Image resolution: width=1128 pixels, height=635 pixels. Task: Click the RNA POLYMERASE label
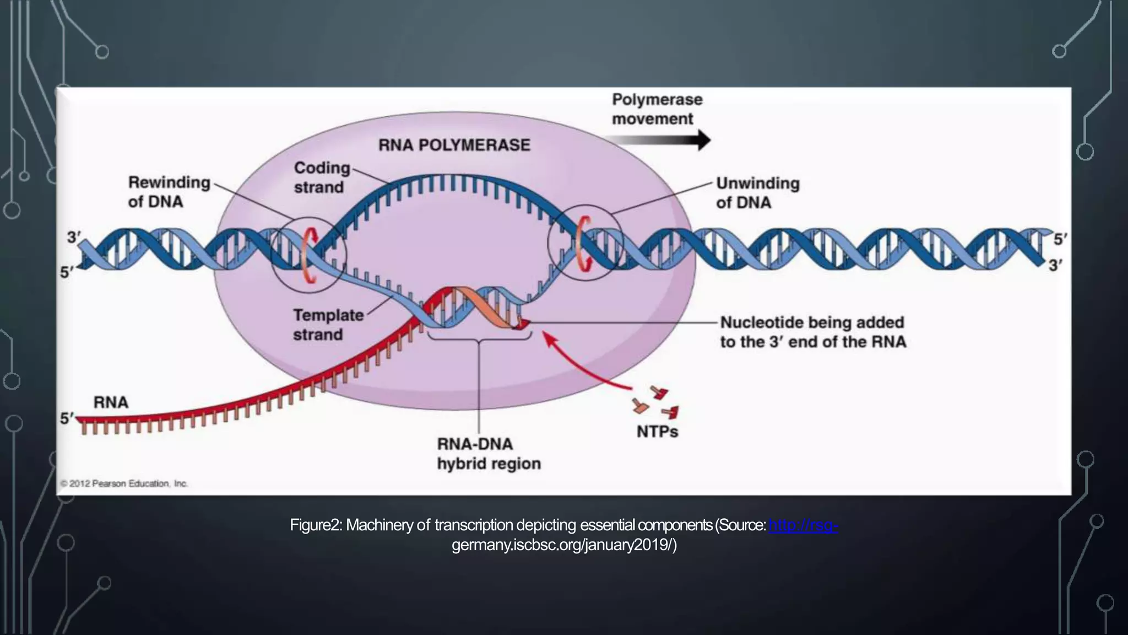point(454,145)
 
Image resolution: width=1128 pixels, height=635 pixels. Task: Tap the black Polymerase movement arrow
point(661,140)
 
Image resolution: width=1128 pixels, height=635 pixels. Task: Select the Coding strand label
point(321,177)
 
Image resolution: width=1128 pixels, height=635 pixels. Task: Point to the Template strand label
point(328,325)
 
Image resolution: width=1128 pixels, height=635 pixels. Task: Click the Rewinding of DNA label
point(169,192)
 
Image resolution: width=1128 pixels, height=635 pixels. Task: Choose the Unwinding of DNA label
point(757,193)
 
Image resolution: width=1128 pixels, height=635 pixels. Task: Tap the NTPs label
point(657,432)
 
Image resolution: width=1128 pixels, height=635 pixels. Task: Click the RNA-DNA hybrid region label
point(489,454)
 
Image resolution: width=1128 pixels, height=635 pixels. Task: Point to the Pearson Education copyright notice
point(124,483)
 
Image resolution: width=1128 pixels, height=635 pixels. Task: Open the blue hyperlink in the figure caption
point(803,525)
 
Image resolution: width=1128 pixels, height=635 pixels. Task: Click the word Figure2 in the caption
point(316,525)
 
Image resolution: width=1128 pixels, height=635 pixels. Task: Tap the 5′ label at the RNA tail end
point(67,418)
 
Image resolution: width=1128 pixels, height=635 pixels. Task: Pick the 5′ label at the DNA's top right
point(1060,239)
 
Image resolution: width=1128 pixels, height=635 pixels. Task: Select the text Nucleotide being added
point(812,322)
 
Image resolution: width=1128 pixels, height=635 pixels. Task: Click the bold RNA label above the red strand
point(111,402)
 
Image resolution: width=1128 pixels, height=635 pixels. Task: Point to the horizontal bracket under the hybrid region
point(479,336)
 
